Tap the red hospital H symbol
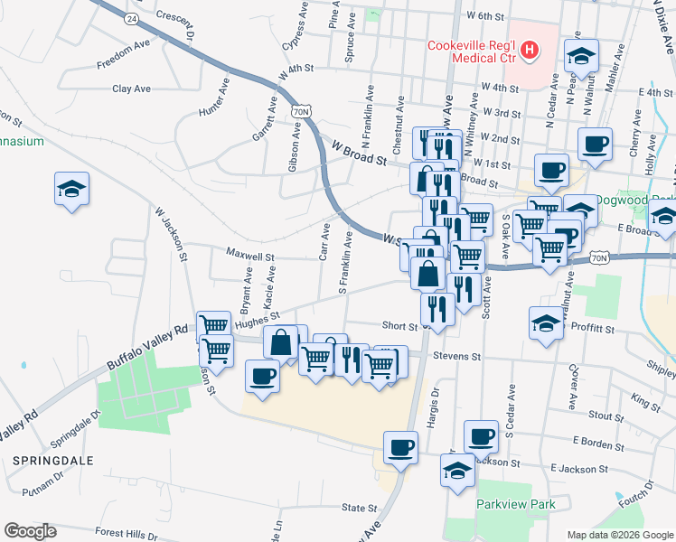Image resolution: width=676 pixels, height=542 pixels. coord(530,51)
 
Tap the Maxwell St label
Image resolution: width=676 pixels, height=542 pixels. coord(250,257)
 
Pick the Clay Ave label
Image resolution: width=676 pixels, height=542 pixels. coord(131,89)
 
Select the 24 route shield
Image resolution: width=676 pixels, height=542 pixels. coord(133,19)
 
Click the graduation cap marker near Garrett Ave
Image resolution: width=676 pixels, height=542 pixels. coord(71,189)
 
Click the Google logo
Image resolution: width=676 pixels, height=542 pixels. coord(31,530)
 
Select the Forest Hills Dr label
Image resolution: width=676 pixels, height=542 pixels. coord(127,534)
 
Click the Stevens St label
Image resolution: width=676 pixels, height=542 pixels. coord(457,357)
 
